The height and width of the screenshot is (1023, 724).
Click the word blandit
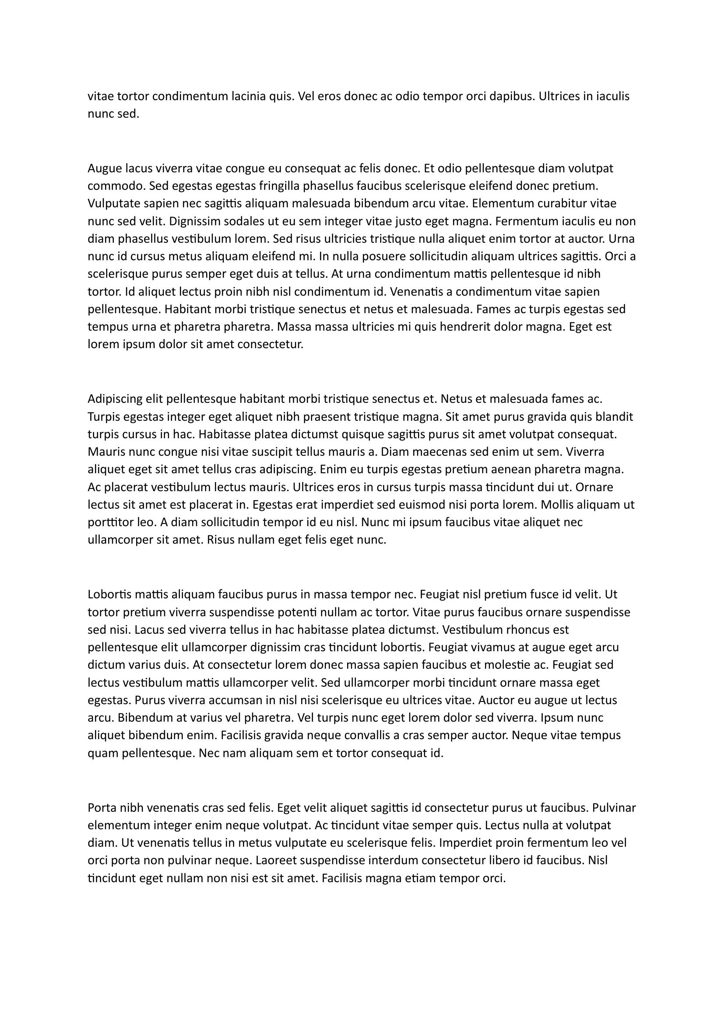[614, 417]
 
